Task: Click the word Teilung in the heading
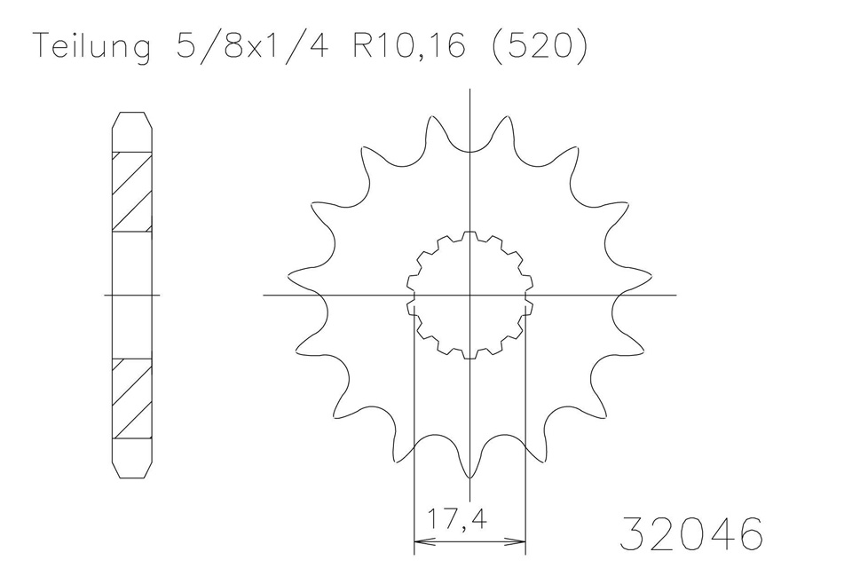point(91,47)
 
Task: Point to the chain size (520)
point(538,47)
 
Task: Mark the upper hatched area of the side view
point(131,192)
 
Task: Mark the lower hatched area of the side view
point(131,398)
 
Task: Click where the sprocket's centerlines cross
point(470,295)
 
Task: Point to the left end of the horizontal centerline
point(265,295)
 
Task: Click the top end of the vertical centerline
point(470,89)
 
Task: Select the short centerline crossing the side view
point(131,295)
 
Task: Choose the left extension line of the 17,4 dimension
point(414,426)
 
